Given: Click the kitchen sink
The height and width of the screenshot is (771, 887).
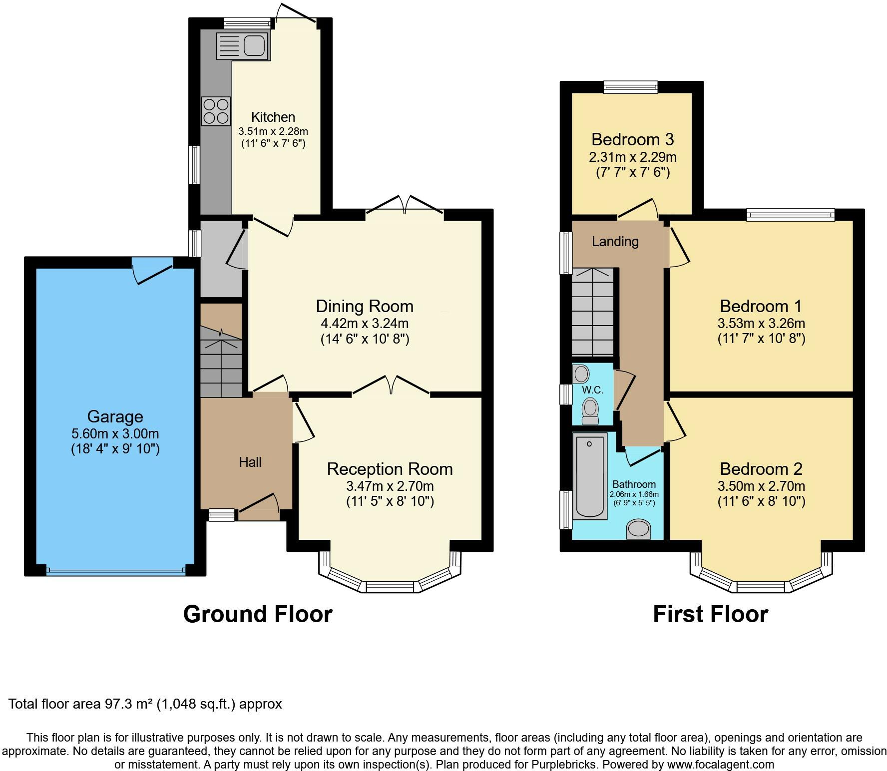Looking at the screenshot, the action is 243,45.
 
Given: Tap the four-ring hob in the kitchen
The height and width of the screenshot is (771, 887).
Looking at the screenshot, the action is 216,111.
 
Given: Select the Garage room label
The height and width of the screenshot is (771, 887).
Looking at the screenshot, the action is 115,416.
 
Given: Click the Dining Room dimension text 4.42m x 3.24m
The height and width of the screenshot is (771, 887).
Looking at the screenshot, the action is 365,323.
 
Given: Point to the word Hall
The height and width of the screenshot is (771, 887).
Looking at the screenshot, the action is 250,462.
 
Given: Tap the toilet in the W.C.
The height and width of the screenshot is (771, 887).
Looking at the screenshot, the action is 590,410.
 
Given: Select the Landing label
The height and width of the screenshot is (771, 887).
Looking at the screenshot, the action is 615,242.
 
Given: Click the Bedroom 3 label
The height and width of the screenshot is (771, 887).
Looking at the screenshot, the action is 633,139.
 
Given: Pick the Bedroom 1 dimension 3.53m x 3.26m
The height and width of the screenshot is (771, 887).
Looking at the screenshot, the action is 762,323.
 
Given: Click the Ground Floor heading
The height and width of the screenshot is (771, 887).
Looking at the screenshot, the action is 258,614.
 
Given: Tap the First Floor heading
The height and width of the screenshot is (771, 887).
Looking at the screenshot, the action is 711,614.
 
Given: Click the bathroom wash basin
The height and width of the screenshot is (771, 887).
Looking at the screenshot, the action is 639,529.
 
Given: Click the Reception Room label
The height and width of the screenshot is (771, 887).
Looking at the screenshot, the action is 390,469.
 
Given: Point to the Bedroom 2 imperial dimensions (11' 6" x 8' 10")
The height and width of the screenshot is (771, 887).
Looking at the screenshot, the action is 762,501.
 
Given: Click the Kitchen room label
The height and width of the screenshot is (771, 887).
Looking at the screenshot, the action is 273,117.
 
